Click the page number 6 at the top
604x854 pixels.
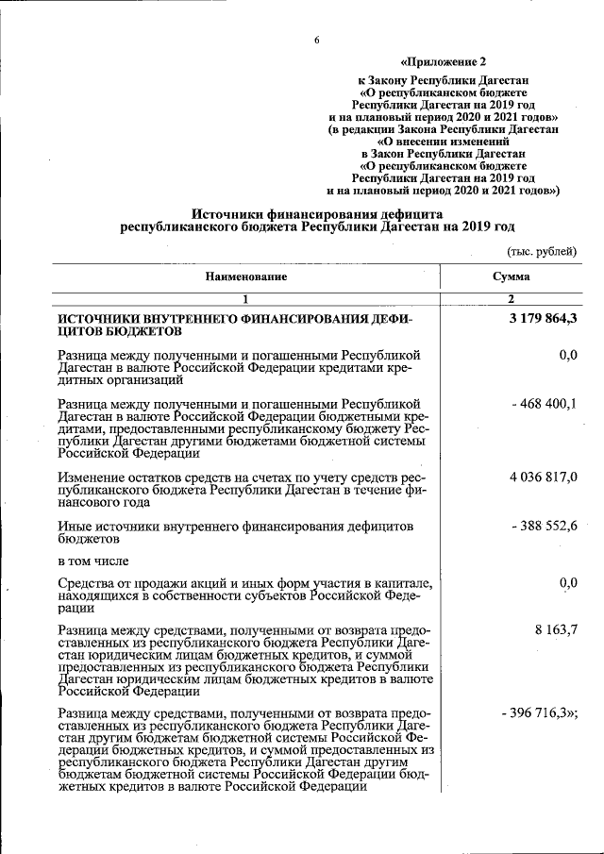pyautogui.click(x=317, y=40)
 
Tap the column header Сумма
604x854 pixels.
pyautogui.click(x=511, y=276)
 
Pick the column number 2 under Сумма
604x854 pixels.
pyautogui.click(x=511, y=299)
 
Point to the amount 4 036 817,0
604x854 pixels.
pyautogui.click(x=543, y=477)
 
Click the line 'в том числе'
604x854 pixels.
pyautogui.click(x=92, y=561)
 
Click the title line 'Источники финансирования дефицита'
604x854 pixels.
pyautogui.click(x=317, y=214)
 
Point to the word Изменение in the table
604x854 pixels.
pyautogui.click(x=90, y=477)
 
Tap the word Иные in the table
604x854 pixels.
pyautogui.click(x=74, y=525)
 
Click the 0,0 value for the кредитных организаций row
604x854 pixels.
pyautogui.click(x=567, y=355)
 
